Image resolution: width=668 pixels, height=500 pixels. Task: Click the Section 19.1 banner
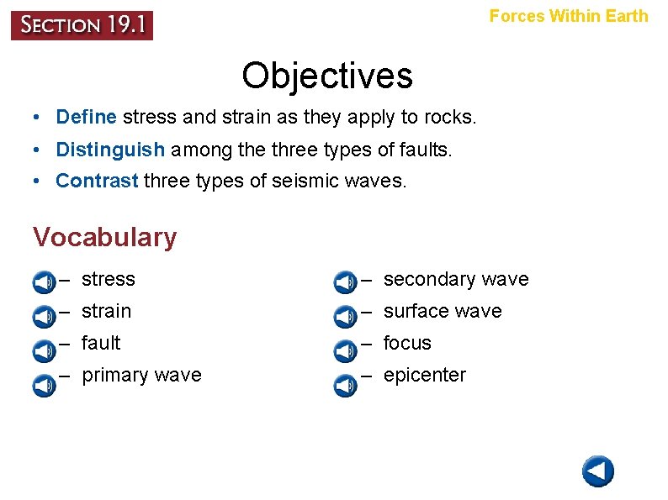tap(82, 25)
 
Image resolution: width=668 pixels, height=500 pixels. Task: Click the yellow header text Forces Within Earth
tap(569, 16)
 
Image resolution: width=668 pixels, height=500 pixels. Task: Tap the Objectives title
tap(327, 76)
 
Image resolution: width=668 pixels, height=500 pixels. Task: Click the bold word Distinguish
tap(110, 150)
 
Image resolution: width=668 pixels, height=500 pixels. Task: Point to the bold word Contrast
tap(97, 181)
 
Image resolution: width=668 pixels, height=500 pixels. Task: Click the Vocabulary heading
tap(105, 238)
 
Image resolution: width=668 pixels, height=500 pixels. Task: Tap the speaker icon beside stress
tap(44, 282)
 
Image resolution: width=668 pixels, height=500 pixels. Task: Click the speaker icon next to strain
tap(44, 317)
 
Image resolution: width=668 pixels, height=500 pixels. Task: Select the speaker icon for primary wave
tap(44, 385)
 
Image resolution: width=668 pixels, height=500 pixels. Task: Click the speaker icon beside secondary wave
tap(345, 282)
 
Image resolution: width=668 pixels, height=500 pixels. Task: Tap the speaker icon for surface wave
tap(345, 317)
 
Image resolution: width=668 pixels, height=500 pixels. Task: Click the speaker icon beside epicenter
tap(345, 385)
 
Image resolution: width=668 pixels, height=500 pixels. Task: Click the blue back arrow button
tap(598, 471)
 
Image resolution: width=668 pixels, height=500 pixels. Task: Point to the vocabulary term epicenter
tap(424, 376)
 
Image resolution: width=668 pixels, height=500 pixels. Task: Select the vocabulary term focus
tap(407, 343)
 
